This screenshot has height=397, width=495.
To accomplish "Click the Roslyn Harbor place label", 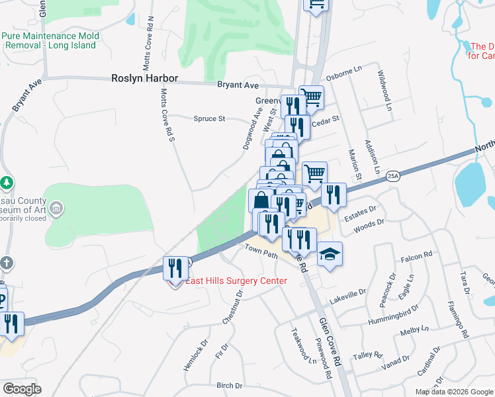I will tap(144, 78).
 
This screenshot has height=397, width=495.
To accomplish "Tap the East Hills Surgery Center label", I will tap(236, 281).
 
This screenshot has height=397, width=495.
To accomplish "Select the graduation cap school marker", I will tap(329, 253).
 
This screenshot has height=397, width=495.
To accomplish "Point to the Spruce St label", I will tap(210, 119).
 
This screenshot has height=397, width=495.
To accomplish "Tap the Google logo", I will tap(21, 389).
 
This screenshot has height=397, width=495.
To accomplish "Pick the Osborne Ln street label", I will tap(344, 69).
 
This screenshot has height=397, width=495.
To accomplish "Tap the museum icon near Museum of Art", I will tap(56, 209).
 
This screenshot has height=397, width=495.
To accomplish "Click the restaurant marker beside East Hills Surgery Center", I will tap(175, 267).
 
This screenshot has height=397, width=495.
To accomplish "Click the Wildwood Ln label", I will tap(384, 86).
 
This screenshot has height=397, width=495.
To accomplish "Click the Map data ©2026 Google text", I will tap(453, 392).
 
